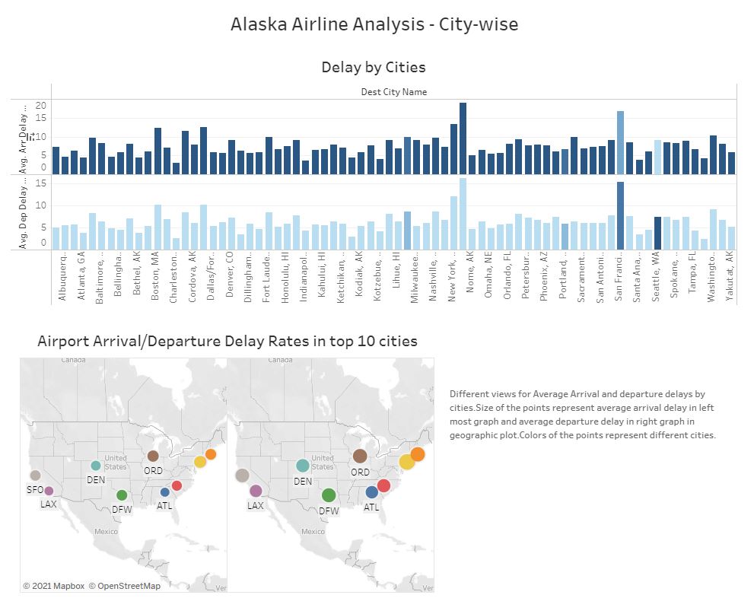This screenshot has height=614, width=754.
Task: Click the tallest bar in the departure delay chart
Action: [x=463, y=214]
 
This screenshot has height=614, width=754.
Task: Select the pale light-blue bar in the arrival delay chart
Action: [x=657, y=157]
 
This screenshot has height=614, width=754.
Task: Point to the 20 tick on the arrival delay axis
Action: [x=41, y=106]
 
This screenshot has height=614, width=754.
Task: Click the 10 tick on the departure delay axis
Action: [x=43, y=205]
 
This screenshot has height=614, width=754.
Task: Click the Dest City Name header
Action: [x=393, y=92]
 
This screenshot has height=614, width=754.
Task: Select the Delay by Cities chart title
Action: [x=373, y=67]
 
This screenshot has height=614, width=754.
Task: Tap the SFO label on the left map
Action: [x=35, y=491]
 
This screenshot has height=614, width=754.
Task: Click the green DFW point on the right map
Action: [x=329, y=495]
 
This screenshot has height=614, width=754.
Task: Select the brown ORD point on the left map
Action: [x=153, y=456]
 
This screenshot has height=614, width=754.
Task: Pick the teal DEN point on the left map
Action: [x=96, y=466]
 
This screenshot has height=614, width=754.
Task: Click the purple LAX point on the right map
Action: [x=256, y=491]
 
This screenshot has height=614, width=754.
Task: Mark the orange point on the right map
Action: [x=418, y=454]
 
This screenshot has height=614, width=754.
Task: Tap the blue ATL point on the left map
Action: [x=165, y=492]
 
